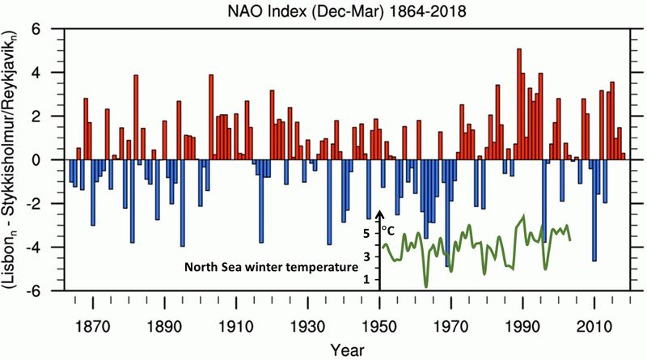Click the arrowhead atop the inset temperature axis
[x=379, y=214]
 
